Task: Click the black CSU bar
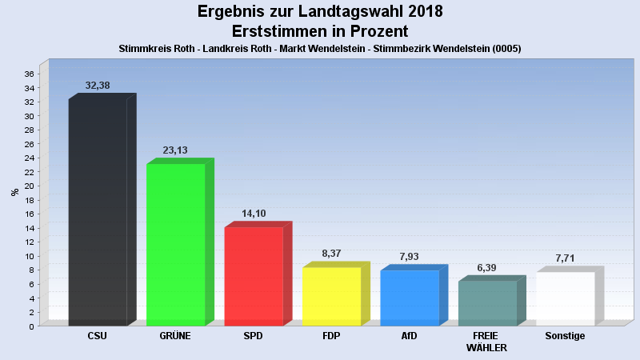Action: click(98, 212)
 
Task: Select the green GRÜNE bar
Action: click(175, 244)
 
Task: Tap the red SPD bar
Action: click(254, 276)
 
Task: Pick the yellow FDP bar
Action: click(331, 296)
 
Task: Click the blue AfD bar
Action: click(409, 298)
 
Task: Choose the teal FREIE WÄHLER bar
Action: click(487, 303)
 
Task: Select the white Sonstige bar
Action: click(565, 298)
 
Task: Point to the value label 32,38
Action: click(98, 85)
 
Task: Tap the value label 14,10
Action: click(254, 214)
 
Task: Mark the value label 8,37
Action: click(331, 254)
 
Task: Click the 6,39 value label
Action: click(487, 267)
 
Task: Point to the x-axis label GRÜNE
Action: click(175, 336)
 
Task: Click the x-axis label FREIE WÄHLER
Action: click(487, 342)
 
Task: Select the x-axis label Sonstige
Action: click(565, 336)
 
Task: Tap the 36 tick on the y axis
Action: click(29, 74)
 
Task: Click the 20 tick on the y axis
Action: click(29, 186)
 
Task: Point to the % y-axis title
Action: click(14, 192)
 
